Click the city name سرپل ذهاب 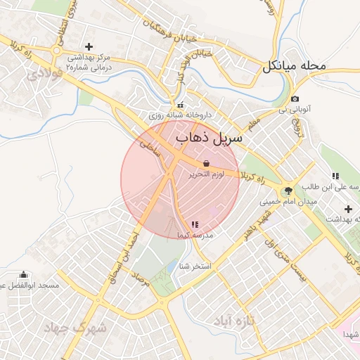click(209, 137)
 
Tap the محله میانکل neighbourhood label click(295, 67)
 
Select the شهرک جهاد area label click(75, 327)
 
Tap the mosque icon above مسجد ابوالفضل click(25, 274)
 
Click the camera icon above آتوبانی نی click(294, 99)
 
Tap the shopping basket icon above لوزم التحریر click(205, 162)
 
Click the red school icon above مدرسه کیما click(195, 224)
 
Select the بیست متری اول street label click(285, 263)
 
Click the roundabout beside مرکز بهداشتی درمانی click(56, 50)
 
